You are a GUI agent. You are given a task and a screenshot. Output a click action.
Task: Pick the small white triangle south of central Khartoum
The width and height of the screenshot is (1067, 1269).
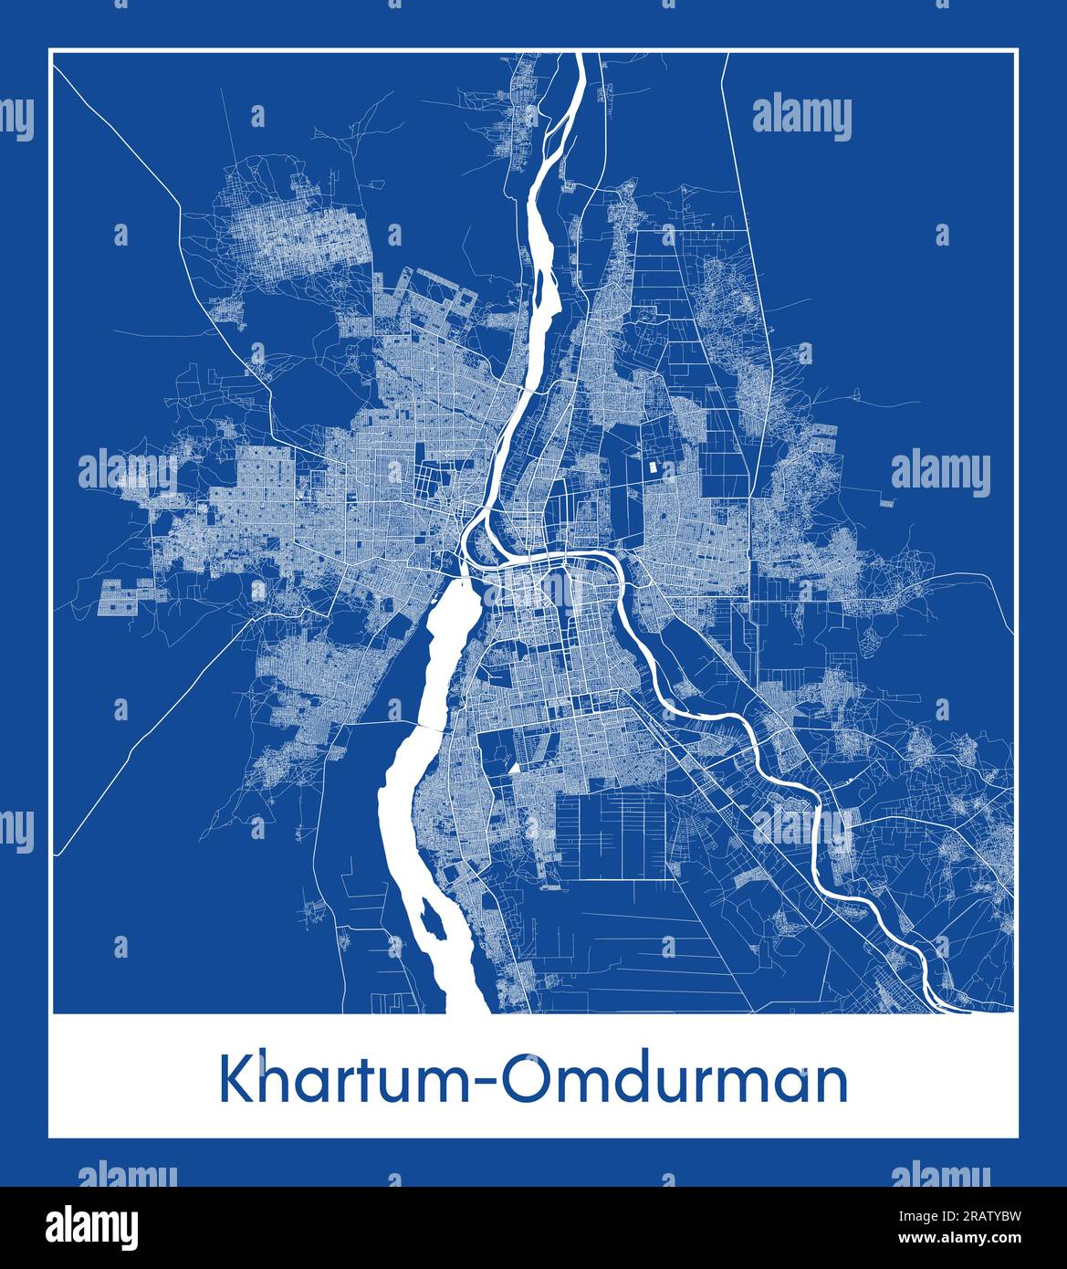coord(514,769)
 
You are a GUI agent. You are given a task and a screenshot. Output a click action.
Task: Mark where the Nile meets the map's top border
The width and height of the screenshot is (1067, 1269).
coord(579,56)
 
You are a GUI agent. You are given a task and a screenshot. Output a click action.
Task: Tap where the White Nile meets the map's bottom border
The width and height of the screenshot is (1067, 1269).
coord(467,1010)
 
